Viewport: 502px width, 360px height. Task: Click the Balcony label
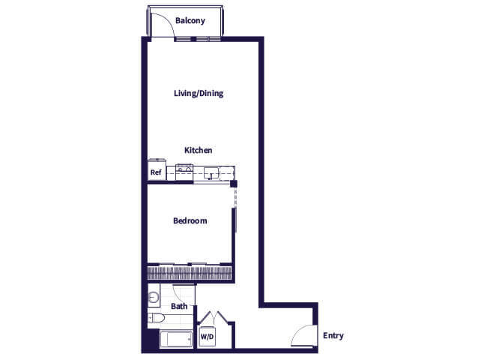point(190,21)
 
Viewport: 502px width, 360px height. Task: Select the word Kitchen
point(199,151)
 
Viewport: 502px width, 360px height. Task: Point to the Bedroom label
point(190,221)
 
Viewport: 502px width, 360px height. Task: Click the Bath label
point(179,307)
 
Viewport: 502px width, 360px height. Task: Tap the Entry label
point(333,336)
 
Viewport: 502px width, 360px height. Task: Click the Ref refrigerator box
point(156,172)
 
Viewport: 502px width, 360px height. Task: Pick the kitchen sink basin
point(212,174)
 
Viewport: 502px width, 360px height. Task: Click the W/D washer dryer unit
point(206,337)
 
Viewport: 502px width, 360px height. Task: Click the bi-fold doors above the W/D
point(207,317)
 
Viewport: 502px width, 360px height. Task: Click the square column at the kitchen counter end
point(234,184)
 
